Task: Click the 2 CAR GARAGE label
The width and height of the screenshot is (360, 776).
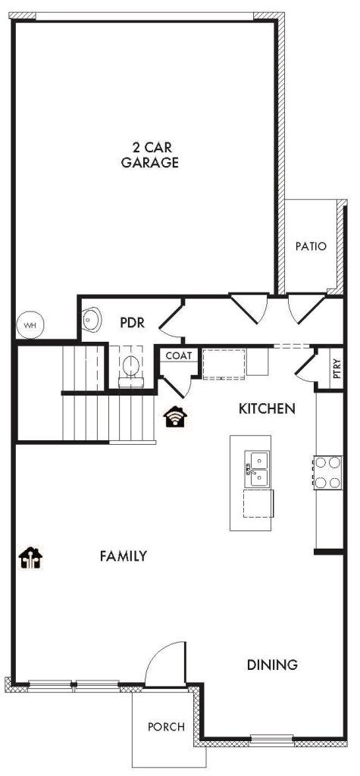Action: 150,155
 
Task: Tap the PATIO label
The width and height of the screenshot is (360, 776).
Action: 311,246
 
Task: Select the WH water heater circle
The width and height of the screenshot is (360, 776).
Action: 30,325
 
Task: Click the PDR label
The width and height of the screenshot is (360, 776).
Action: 132,323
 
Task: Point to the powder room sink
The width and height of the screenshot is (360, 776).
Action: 91,319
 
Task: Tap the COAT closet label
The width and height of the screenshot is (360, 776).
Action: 178,355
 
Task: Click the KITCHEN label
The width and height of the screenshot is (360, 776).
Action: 267,408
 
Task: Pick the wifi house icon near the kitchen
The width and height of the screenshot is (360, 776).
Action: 175,416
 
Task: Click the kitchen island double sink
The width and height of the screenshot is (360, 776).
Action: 258,468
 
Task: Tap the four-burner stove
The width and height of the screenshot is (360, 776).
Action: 328,473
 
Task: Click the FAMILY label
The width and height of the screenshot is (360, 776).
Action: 124,556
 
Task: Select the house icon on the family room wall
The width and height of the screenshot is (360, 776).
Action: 31,558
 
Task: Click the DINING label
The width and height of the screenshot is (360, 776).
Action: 272,665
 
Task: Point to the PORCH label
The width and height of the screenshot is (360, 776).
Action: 167,727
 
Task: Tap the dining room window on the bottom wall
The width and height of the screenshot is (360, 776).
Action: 272,741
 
